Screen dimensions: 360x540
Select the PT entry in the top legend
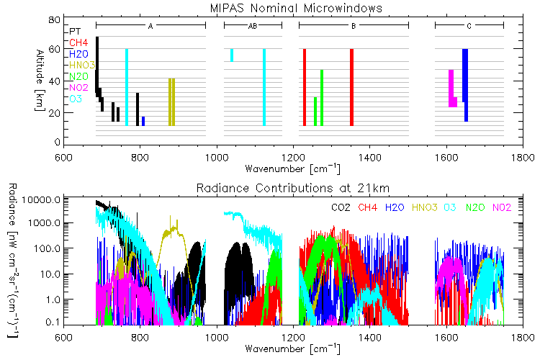(75, 32)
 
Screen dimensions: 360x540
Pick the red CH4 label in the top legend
(78, 43)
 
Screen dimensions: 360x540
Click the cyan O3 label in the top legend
(76, 99)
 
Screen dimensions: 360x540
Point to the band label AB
(252, 26)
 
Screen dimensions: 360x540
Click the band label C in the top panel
(469, 26)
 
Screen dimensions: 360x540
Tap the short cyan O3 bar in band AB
(231, 55)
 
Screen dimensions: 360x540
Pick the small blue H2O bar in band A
(143, 121)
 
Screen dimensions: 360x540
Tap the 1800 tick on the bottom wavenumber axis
(523, 338)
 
